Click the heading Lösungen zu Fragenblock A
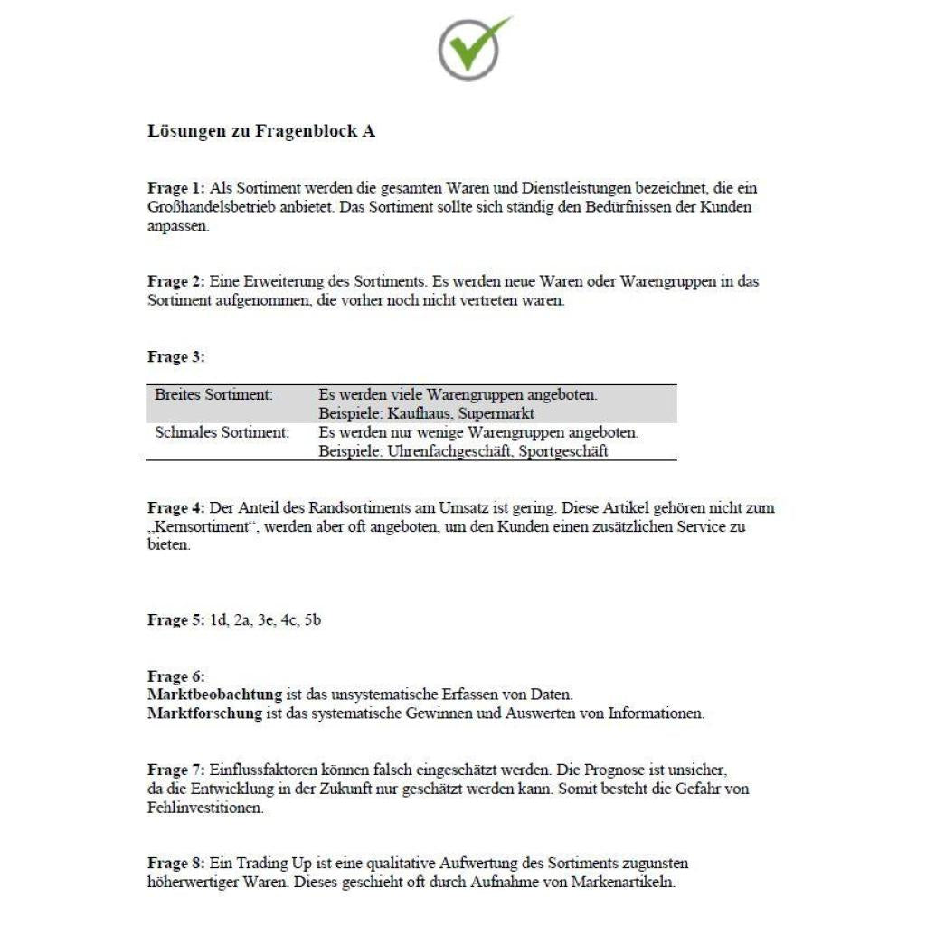pos(261,131)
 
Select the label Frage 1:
pos(175,189)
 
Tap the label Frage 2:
pos(175,281)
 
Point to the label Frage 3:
pos(175,357)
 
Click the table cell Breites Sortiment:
pos(213,395)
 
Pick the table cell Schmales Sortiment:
pos(222,432)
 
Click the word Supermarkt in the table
pos(497,414)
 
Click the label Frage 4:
pos(175,508)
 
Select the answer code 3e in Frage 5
pos(266,620)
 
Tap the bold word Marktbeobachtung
pos(214,694)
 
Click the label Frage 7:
pos(175,770)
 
